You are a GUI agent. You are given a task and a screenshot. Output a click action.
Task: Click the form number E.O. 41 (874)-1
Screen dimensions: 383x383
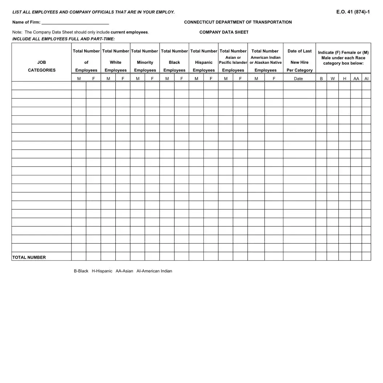click(353, 12)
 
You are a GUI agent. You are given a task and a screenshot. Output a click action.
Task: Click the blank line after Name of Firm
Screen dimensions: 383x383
click(75, 22)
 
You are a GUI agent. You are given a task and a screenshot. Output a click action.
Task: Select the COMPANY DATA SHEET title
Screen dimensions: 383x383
click(224, 32)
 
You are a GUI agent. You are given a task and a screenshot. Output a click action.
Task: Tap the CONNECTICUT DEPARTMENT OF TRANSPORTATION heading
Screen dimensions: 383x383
click(238, 22)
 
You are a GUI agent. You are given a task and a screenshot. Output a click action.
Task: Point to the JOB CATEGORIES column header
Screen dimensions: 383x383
click(42, 66)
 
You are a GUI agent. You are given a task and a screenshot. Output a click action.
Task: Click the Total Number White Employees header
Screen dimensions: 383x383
click(115, 61)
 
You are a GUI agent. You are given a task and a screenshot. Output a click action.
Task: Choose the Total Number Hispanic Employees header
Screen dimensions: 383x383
click(203, 61)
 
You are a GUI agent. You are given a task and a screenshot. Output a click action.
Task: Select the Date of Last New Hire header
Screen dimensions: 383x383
click(299, 61)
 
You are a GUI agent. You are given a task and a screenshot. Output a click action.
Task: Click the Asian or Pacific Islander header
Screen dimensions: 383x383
click(233, 60)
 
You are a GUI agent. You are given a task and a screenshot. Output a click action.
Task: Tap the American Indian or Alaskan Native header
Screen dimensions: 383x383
click(265, 60)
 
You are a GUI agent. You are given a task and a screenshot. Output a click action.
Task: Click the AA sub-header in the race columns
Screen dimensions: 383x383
click(356, 79)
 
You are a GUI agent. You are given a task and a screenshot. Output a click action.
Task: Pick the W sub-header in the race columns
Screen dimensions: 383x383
click(333, 79)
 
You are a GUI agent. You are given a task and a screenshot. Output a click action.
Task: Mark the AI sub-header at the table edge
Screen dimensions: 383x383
click(366, 79)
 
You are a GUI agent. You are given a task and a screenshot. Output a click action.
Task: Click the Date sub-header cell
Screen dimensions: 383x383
click(298, 79)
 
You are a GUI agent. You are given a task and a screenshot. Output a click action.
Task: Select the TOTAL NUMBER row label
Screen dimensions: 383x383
click(29, 258)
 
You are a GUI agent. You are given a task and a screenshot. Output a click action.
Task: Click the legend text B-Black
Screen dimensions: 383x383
click(81, 271)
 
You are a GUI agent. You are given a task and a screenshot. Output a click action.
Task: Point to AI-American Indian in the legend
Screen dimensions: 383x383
click(154, 271)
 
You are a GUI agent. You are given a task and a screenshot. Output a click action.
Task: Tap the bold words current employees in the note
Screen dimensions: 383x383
click(129, 32)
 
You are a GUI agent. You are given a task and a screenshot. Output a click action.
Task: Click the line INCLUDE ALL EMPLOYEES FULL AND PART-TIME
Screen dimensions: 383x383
click(63, 39)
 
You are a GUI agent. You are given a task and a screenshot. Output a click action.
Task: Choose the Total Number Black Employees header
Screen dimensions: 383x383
click(174, 61)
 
